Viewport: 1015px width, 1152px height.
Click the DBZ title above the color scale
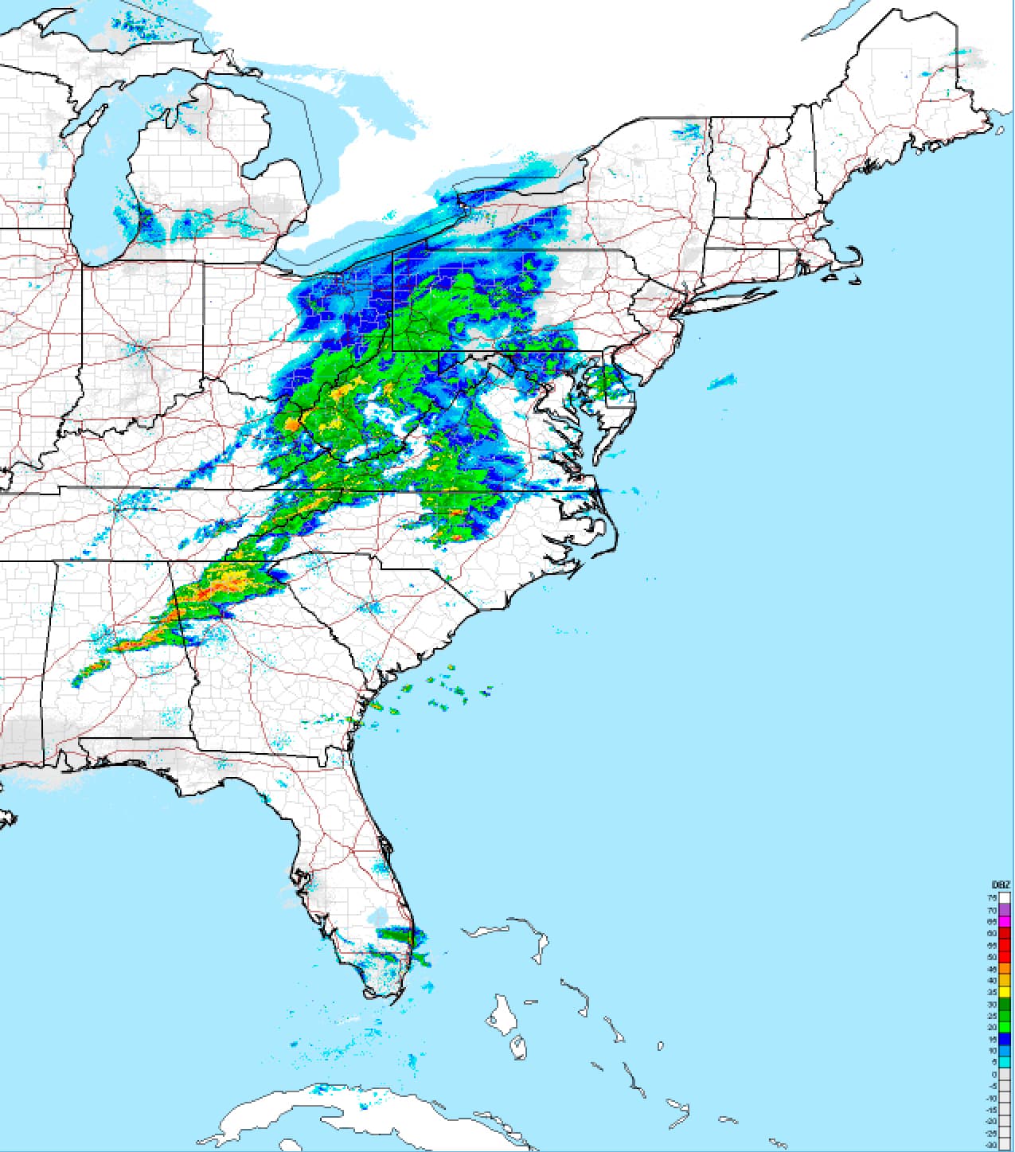1001,885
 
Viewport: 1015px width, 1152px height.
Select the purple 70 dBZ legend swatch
1005,909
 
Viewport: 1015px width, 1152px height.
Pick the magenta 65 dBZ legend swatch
1005,921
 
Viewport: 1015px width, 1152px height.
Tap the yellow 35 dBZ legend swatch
1005,992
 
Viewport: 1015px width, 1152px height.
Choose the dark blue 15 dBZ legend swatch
1005,1039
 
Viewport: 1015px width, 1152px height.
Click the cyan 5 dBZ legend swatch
1005,1062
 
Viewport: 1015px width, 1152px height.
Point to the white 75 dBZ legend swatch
1005,897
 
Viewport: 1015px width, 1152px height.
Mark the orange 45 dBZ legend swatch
1005,968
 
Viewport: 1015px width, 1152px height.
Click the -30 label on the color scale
992,1145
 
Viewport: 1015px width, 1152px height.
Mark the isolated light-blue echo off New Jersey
721,382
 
